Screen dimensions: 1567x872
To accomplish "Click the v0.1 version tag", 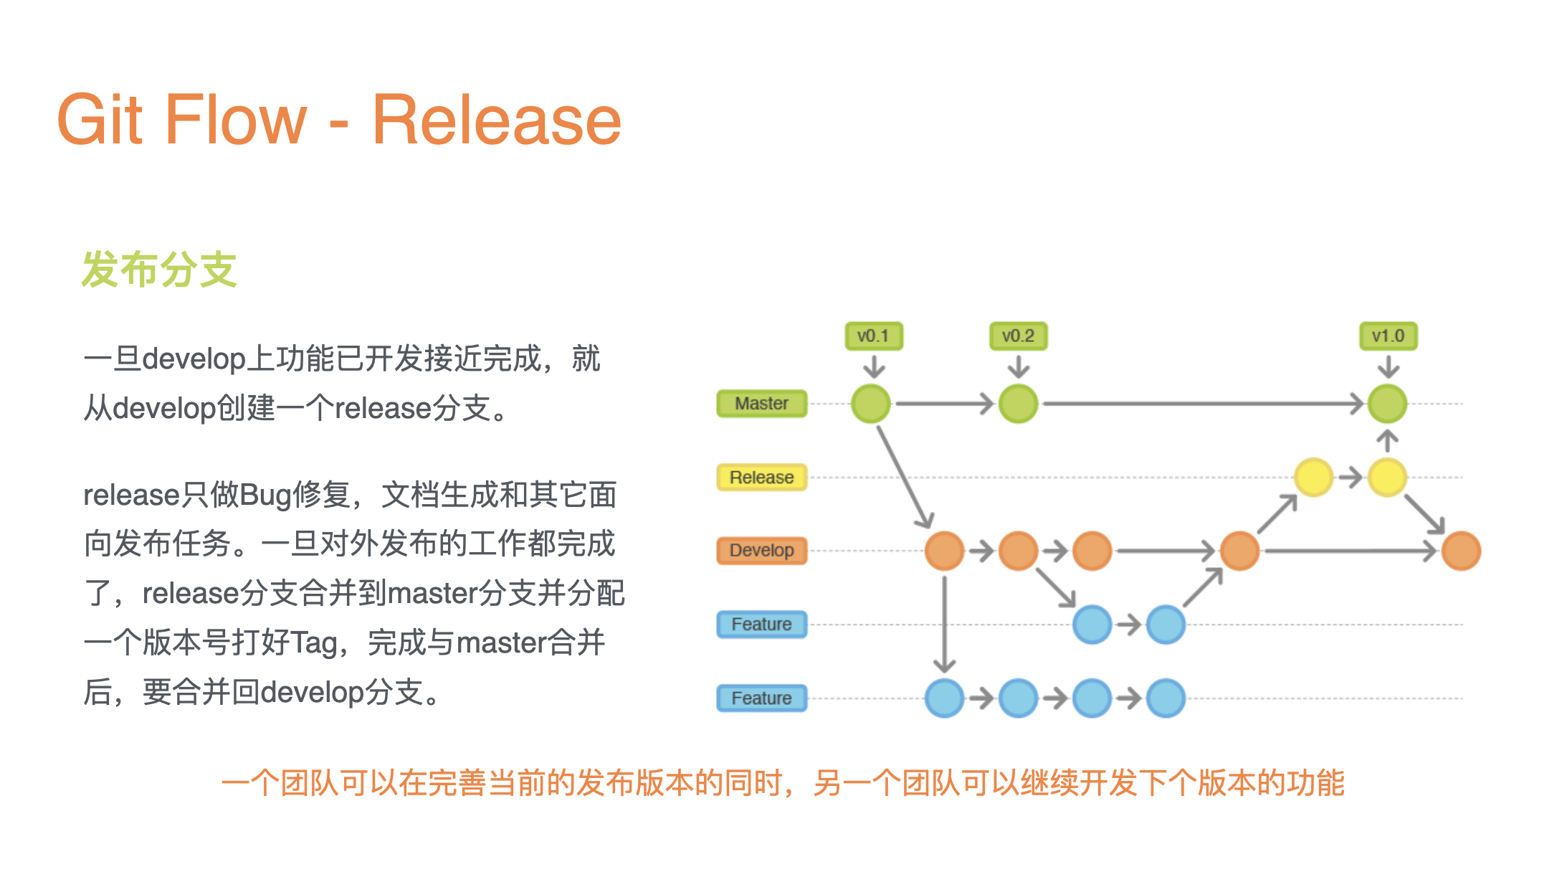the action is click(873, 336).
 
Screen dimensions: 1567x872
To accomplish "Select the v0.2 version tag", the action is click(1018, 336).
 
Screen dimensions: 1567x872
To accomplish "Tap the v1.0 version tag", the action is click(1388, 336).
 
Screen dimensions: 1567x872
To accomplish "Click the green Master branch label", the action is click(761, 404).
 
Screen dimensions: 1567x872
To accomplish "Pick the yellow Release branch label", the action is click(761, 478).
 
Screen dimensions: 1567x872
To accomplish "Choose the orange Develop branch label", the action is click(761, 551).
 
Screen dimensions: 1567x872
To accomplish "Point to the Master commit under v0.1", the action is click(871, 404).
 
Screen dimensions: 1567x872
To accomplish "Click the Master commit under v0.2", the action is click(1018, 404).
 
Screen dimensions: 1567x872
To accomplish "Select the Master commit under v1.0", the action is click(1387, 404).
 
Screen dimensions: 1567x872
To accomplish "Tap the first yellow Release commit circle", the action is click(1313, 478).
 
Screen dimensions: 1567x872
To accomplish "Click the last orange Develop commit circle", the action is click(1461, 551).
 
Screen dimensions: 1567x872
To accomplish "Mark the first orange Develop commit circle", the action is click(944, 551).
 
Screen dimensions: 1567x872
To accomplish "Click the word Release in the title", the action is click(496, 120).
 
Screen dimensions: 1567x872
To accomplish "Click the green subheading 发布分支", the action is click(159, 270).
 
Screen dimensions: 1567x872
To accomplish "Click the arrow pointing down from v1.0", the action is click(1388, 366).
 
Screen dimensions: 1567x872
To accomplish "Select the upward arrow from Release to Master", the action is click(1387, 440).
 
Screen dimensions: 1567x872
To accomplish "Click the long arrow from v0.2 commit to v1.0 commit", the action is click(1203, 404).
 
